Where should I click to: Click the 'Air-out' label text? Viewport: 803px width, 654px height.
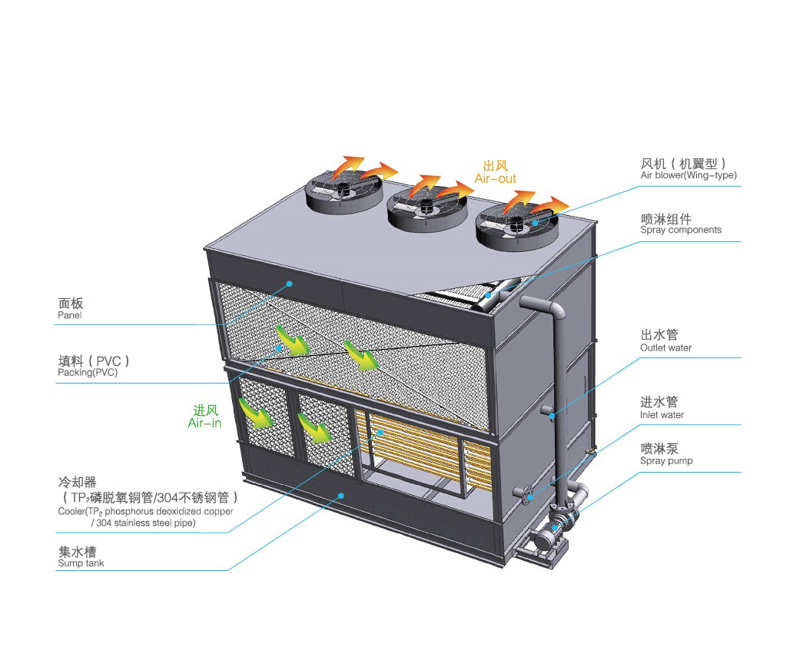pos(495,178)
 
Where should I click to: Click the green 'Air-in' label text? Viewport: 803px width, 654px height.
pos(204,423)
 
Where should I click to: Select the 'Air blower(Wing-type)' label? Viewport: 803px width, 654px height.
pos(689,175)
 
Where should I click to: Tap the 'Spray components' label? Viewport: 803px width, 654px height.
pos(681,230)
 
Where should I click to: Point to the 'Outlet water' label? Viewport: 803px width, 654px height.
pos(665,347)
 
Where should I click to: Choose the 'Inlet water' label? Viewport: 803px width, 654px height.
pos(662,415)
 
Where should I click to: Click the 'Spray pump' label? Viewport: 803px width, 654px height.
pos(666,461)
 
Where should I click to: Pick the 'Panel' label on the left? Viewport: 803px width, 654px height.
pos(69,315)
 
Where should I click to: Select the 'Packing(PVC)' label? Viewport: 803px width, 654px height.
pos(88,373)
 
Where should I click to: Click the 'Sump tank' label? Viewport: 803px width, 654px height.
pos(81,563)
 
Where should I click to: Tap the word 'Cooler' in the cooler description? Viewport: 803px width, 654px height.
pos(71,511)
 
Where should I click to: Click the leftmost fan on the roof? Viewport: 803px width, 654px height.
pos(345,191)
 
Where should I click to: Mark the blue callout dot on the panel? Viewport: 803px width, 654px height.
pos(290,284)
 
